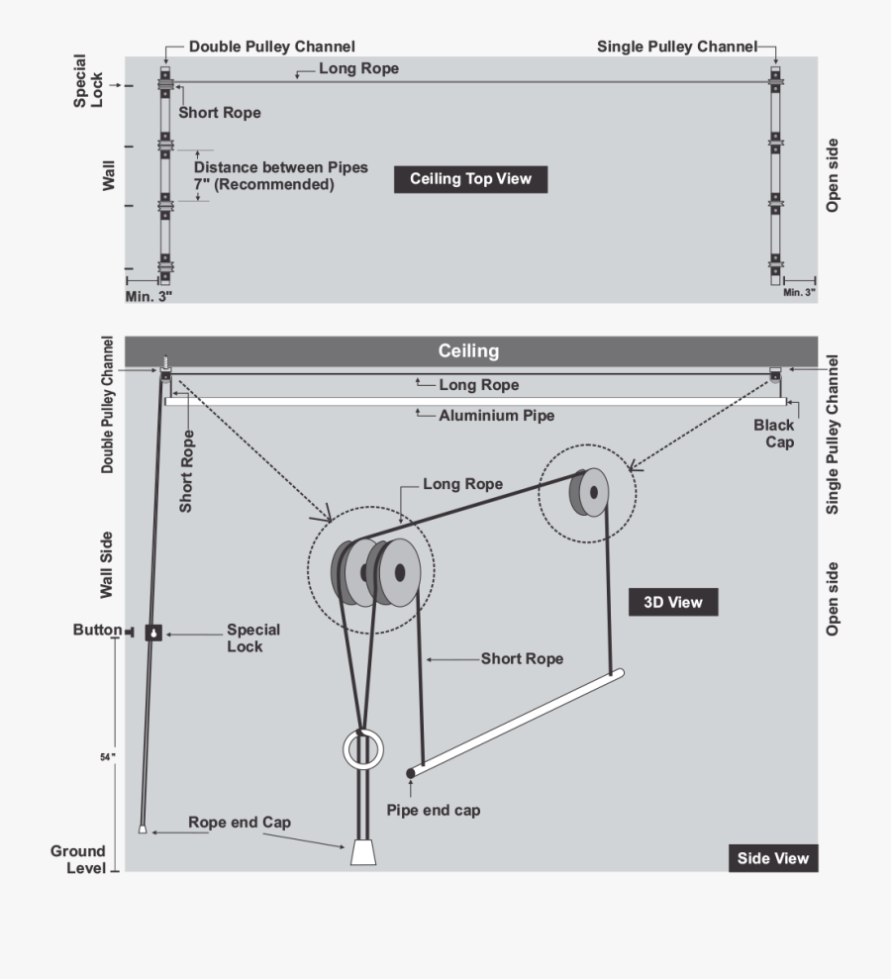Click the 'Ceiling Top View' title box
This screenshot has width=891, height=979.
coord(471,179)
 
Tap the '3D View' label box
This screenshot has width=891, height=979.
coord(673,602)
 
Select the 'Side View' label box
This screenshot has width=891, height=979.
coord(773,858)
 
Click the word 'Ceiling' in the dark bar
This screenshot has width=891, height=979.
coord(468,350)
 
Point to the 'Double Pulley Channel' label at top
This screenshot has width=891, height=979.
coord(271,47)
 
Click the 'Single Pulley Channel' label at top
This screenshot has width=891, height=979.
coord(677,47)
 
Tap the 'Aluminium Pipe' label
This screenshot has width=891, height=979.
coord(496,415)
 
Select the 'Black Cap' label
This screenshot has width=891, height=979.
coord(774,434)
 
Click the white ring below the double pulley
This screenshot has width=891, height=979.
coord(363,731)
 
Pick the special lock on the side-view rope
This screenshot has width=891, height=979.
coord(153,633)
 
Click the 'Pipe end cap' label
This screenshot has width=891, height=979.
coord(434,811)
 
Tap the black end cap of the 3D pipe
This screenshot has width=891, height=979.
coord(410,773)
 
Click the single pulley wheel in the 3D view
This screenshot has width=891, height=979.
coord(589,493)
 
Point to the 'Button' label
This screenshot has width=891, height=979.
coord(97,630)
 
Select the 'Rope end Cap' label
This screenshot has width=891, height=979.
coord(240,823)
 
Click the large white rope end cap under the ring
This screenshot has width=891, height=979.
coord(363,852)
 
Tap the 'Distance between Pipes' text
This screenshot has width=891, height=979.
coord(281,167)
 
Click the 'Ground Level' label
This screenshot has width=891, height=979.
coord(78,860)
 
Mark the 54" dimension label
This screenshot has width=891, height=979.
coord(107,757)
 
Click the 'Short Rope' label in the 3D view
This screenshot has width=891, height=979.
coord(522,658)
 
